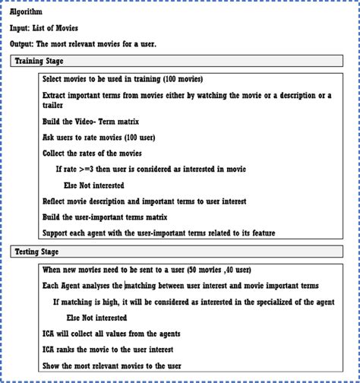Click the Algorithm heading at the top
(x=26, y=12)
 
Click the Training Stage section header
(x=39, y=60)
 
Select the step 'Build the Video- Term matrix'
(x=90, y=122)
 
